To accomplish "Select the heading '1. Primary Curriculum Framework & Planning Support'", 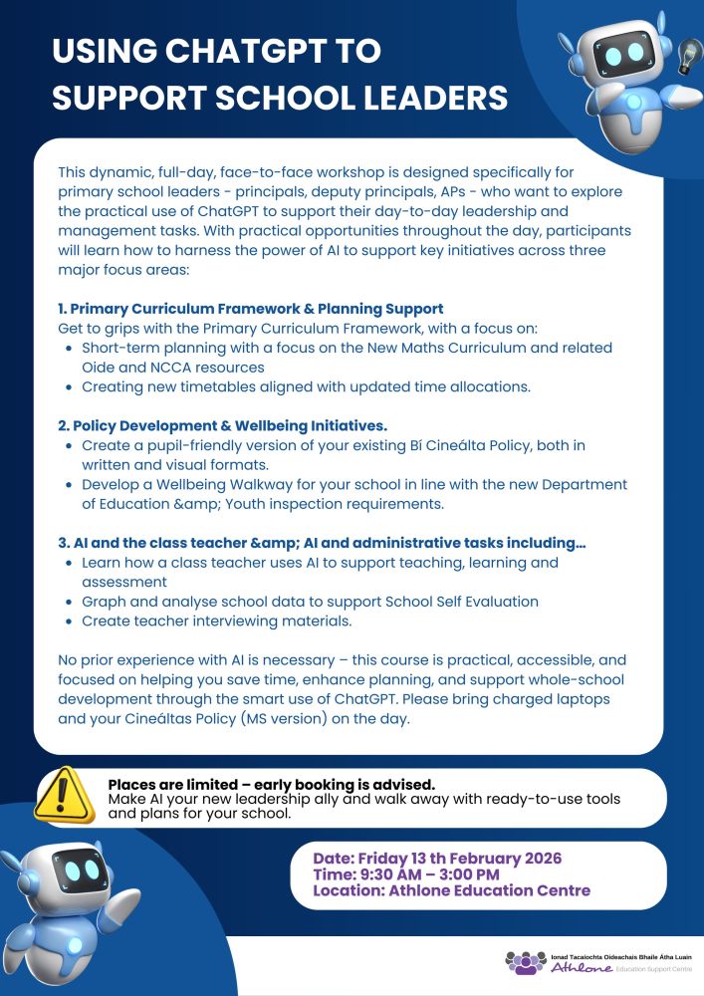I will (251, 308).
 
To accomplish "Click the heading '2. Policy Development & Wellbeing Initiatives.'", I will (222, 425).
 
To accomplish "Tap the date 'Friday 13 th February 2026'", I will (459, 859).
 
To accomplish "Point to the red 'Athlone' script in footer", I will (581, 967).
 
